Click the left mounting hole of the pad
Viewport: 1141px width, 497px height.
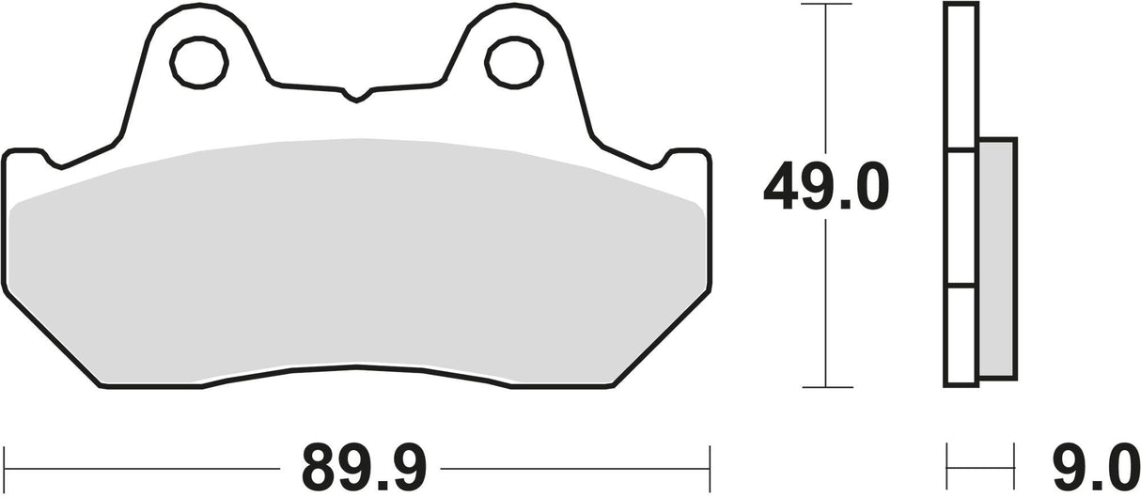199,60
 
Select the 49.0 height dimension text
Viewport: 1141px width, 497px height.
825,189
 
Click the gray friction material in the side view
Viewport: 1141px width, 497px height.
997,258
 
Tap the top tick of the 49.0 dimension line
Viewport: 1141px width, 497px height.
825,6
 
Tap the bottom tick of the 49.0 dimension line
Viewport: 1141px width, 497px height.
825,386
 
